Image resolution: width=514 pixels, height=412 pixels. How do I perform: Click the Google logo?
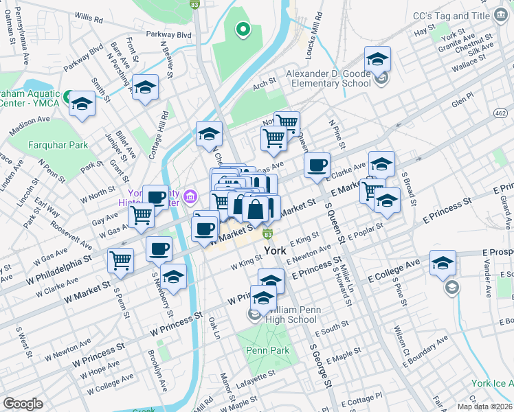click(x=23, y=404)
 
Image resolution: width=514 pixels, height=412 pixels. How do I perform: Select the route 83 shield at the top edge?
click(x=194, y=4)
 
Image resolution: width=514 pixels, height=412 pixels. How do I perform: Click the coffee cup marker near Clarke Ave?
click(x=317, y=165)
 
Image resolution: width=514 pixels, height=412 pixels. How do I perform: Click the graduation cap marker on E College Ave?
click(x=443, y=262)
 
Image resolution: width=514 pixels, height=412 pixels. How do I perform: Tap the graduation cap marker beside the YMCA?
click(x=82, y=104)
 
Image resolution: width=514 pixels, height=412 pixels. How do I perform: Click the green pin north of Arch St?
click(x=242, y=29)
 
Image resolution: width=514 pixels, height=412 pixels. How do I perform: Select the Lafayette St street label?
click(x=258, y=374)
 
